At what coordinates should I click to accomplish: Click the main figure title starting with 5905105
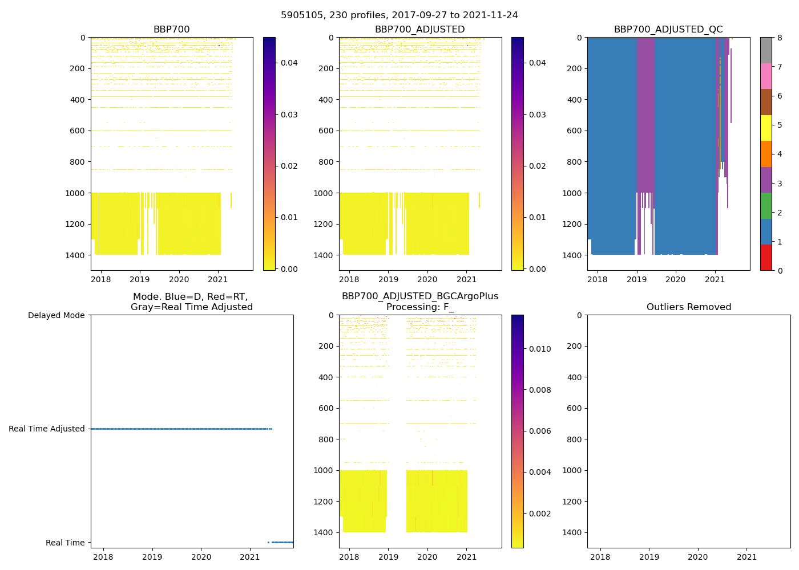tap(399, 15)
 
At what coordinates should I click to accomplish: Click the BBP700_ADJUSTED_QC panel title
tap(668, 30)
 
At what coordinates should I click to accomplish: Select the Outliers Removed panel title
tap(689, 307)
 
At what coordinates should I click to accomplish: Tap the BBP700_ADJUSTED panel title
tap(419, 30)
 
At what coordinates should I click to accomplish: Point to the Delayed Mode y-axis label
tap(56, 315)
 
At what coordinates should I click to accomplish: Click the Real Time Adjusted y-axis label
tap(47, 429)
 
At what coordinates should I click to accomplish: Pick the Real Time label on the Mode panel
tap(65, 543)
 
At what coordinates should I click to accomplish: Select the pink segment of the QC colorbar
tap(766, 76)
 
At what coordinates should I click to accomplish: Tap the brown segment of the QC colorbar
tap(766, 102)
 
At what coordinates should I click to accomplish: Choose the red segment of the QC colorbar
tap(766, 257)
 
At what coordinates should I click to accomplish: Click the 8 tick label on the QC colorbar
tap(780, 38)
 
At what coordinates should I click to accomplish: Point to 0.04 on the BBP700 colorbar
tap(289, 63)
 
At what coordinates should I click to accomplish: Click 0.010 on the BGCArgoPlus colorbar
tap(539, 349)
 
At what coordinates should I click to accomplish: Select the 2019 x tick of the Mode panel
tap(152, 557)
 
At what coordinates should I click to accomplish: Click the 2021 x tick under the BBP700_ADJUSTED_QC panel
tap(715, 279)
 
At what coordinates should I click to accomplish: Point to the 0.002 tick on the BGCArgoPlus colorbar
tap(539, 514)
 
